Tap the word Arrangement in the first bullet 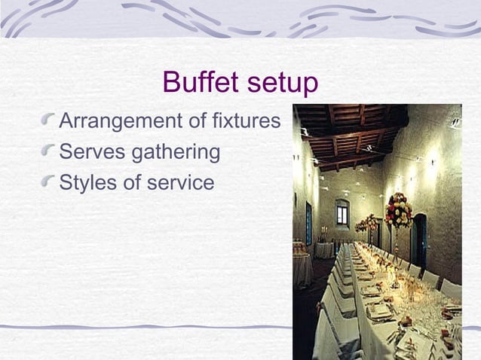[x=121, y=121]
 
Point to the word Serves [x=92, y=152]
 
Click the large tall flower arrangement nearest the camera [x=398, y=211]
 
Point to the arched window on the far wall [x=342, y=213]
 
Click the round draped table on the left [x=302, y=265]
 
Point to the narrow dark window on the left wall [x=308, y=223]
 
